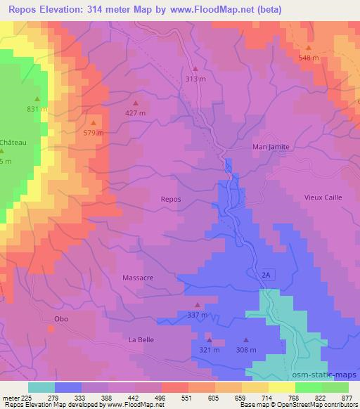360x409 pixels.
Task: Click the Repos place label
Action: point(171,199)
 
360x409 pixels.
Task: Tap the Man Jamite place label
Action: point(271,147)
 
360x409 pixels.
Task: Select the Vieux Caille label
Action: point(322,197)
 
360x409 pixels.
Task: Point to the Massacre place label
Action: point(138,278)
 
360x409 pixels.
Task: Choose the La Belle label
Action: point(141,339)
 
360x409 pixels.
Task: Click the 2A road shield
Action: point(266,273)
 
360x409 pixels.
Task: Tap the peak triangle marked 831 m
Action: point(37,99)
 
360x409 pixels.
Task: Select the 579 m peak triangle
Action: point(93,123)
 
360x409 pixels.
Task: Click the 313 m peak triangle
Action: point(195,69)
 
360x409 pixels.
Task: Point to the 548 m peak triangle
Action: point(308,48)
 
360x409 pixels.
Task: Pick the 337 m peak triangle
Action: point(197,305)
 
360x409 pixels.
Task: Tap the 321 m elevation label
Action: point(209,349)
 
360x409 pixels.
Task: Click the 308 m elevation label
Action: point(245,349)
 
